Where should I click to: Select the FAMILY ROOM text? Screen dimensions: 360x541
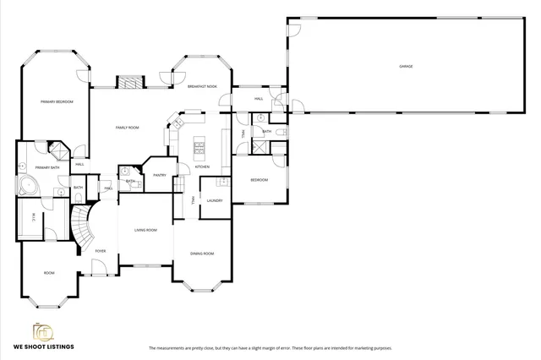(x=128, y=128)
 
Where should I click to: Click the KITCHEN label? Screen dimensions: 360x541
(x=203, y=166)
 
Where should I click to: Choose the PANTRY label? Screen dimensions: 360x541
(x=160, y=175)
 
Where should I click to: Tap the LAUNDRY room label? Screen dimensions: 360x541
(x=214, y=200)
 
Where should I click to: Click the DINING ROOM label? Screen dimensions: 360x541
(x=202, y=254)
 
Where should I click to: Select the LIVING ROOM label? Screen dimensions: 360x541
(x=146, y=230)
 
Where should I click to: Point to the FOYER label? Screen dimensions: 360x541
(x=101, y=251)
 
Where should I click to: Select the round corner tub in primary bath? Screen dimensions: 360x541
(x=26, y=188)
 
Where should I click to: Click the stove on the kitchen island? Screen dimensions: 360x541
(x=200, y=150)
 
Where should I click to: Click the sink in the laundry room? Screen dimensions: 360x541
(x=222, y=182)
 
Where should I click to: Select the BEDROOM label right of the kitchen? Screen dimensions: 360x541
(x=259, y=180)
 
